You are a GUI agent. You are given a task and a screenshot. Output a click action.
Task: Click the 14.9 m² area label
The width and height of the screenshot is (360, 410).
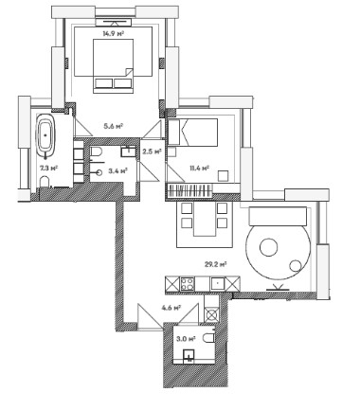113,34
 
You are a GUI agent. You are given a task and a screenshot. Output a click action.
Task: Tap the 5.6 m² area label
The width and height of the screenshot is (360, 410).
113,126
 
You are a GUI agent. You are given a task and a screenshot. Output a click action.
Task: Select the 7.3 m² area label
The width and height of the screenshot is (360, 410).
48,168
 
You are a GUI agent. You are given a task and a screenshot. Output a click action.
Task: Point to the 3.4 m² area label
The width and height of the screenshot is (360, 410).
117,171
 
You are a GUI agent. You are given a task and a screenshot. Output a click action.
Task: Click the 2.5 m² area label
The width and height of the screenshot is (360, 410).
153,152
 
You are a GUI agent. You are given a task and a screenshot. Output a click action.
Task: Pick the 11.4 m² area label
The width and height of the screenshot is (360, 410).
199,168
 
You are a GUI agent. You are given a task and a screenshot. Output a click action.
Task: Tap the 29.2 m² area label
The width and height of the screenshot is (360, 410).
216,264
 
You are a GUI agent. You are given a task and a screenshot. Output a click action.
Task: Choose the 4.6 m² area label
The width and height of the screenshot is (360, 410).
171,307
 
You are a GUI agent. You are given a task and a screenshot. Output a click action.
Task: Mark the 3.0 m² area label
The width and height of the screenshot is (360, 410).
186,339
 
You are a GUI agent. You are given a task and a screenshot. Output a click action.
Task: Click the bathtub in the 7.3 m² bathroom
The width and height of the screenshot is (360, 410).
45,136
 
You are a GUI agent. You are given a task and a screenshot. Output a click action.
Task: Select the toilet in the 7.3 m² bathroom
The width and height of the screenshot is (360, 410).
45,183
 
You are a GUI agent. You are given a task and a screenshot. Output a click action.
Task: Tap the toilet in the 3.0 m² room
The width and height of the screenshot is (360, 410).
208,338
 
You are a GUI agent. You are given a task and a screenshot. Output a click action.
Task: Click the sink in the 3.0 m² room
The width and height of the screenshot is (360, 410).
189,355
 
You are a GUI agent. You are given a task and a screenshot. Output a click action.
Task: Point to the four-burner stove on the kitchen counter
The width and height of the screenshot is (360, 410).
187,284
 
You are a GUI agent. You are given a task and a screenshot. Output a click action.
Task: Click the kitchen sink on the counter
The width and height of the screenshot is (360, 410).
218,284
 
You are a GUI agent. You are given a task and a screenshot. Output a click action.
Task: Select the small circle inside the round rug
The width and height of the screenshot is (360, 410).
296,266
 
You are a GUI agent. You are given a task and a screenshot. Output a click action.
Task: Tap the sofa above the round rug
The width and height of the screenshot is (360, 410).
278,216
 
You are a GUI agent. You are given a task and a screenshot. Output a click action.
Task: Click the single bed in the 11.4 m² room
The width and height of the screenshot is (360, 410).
192,133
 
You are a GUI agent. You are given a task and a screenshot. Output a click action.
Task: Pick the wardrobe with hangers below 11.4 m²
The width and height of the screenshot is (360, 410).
189,190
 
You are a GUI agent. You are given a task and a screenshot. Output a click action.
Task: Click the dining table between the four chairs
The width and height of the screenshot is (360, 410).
205,219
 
